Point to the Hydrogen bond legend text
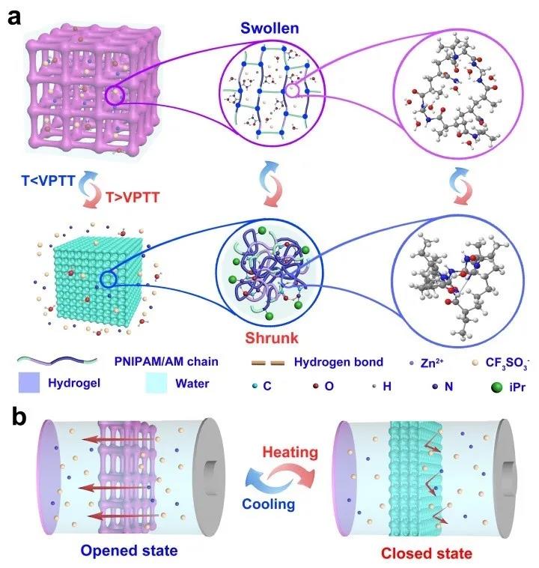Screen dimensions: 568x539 [x=338, y=361]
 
